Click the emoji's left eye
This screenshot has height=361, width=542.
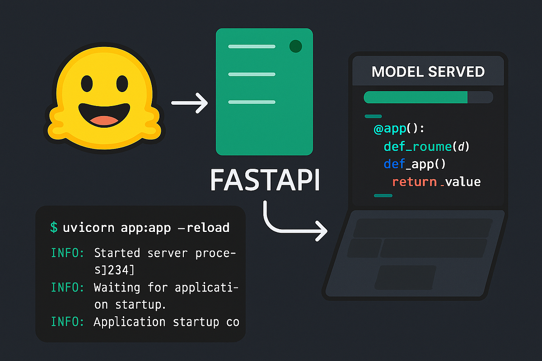[86, 83]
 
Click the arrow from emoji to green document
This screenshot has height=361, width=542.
[189, 104]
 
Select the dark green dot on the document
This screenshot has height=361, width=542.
[295, 46]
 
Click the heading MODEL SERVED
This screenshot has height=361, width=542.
[428, 71]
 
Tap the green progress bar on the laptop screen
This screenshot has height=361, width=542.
[416, 97]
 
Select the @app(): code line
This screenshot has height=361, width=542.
[399, 129]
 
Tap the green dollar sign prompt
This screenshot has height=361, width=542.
[54, 227]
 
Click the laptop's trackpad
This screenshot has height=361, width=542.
[406, 277]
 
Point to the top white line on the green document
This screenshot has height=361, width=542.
[252, 46]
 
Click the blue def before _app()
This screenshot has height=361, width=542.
[393, 164]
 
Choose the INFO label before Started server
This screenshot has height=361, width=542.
[67, 253]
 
